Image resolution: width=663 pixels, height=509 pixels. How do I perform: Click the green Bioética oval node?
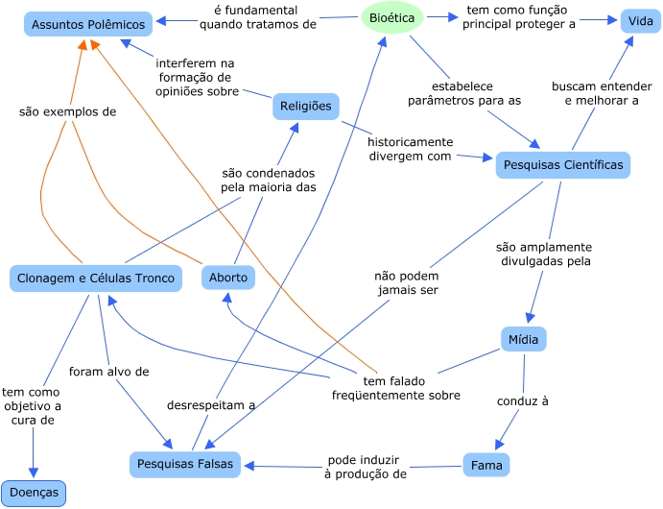click(x=391, y=18)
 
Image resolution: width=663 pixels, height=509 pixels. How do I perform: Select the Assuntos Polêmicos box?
click(x=87, y=24)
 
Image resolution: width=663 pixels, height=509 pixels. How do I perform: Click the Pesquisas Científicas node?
click(x=562, y=165)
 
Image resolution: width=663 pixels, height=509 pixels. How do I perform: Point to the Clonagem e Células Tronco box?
click(x=96, y=279)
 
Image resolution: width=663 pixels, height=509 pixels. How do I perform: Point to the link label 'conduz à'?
click(x=522, y=400)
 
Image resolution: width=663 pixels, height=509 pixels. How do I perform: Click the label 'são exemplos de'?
click(x=67, y=111)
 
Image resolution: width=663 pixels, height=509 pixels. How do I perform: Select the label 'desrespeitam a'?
click(x=211, y=405)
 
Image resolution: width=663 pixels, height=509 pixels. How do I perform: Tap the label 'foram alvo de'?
click(x=108, y=371)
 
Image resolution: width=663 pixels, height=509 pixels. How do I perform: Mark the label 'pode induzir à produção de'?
click(x=367, y=466)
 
